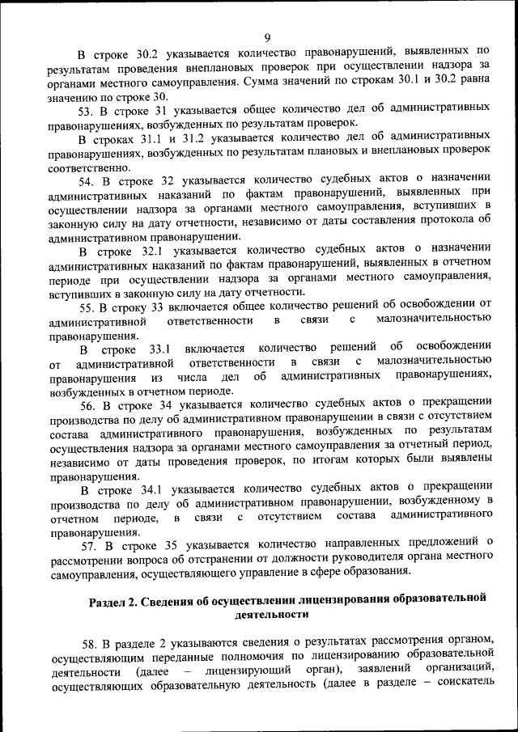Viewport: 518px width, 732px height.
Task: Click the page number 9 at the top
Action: click(x=266, y=36)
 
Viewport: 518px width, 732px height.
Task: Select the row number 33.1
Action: click(x=154, y=349)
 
